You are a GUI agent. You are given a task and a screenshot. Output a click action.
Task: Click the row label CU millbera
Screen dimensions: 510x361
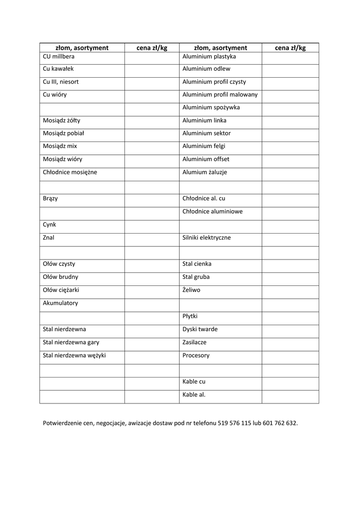59,56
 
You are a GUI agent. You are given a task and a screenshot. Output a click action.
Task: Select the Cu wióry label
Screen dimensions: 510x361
55,95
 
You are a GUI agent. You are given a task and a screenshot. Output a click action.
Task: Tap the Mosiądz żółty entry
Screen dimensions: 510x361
62,121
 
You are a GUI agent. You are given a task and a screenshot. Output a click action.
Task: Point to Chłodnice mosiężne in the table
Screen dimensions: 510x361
70,172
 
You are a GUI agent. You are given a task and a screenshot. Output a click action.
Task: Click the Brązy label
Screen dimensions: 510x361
50,198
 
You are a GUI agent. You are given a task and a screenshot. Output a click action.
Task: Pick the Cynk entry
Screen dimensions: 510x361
50,225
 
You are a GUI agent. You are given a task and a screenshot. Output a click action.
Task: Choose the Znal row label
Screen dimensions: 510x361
49,238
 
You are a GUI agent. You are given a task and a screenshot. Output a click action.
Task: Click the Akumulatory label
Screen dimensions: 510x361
61,303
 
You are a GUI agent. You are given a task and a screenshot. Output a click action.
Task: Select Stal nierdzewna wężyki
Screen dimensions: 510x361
75,356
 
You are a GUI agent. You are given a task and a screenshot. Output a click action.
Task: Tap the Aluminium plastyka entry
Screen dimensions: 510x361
209,56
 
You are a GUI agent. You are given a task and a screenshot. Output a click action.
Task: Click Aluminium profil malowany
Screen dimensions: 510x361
220,95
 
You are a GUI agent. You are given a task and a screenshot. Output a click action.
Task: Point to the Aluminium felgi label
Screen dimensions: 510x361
204,146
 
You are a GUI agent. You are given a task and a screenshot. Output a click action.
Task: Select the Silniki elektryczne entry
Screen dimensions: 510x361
207,238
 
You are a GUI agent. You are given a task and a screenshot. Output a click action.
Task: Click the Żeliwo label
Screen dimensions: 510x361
191,290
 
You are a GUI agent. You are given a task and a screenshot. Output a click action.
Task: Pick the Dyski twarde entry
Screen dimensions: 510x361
200,329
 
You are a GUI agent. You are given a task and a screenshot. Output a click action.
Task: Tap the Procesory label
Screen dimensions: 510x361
196,356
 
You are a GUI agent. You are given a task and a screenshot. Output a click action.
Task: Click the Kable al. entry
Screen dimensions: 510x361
194,394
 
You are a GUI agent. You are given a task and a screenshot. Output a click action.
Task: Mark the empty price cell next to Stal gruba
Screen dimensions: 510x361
290,277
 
